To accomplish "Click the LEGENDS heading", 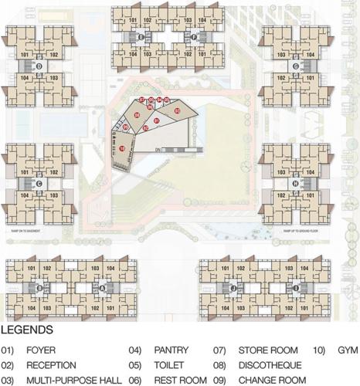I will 27,330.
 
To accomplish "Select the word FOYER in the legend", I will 41,350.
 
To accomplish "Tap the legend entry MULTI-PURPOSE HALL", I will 74,380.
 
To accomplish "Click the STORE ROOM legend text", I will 267,350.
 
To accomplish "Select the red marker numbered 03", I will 177,112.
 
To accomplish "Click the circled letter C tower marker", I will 39,184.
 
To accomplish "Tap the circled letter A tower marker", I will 103,288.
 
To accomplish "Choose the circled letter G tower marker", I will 296,66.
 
